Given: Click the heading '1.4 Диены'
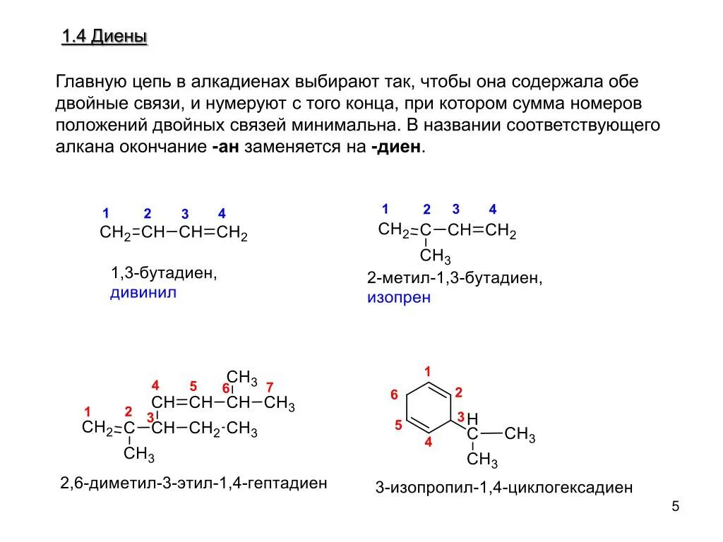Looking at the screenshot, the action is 104,37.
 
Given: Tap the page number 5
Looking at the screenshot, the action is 675,507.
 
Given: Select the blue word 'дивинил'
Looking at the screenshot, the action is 143,292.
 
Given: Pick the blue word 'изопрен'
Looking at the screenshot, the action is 398,297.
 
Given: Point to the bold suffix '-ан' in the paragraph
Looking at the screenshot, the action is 225,147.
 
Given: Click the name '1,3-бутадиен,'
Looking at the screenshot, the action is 163,273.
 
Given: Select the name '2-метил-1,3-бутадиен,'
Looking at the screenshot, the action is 455,278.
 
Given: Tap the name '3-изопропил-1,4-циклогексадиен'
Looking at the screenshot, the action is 503,488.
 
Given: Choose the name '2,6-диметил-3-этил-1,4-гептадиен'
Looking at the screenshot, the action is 193,483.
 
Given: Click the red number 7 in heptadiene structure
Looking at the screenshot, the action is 269,387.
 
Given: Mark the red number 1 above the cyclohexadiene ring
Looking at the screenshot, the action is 427,371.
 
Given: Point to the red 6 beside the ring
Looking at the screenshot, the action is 395,395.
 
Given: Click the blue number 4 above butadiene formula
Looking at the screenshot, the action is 222,213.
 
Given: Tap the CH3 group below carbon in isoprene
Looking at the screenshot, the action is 435,255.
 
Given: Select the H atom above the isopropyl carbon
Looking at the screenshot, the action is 472,418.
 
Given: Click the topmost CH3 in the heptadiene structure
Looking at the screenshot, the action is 241,377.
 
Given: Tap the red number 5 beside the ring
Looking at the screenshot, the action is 398,425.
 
